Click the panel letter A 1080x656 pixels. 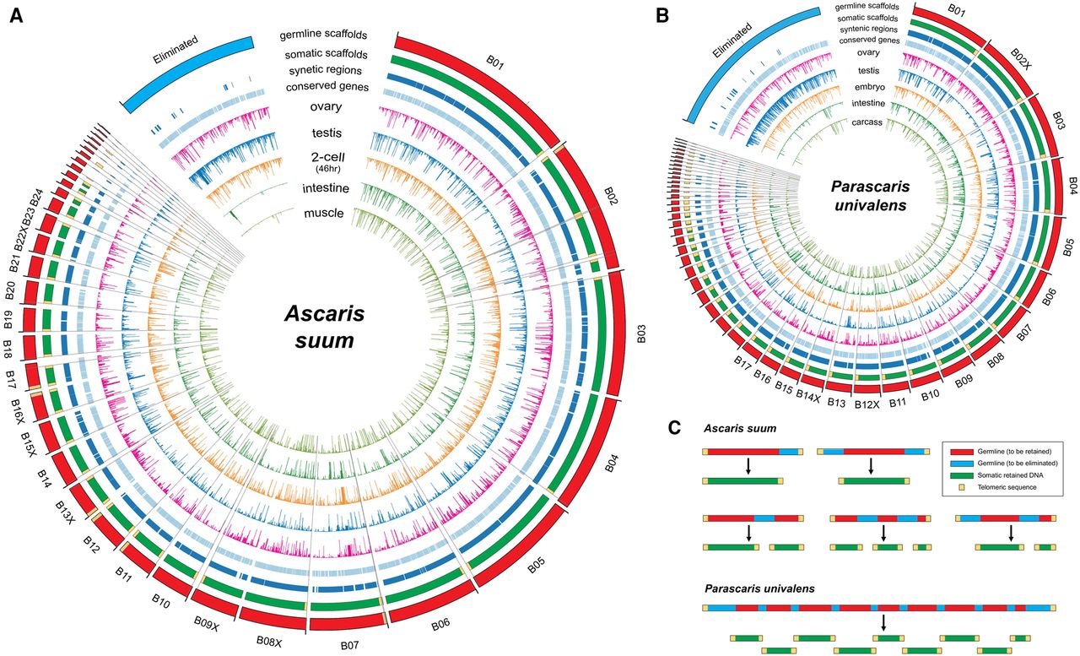(16, 16)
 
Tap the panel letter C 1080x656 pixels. (675, 427)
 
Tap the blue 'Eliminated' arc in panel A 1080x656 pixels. (188, 63)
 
